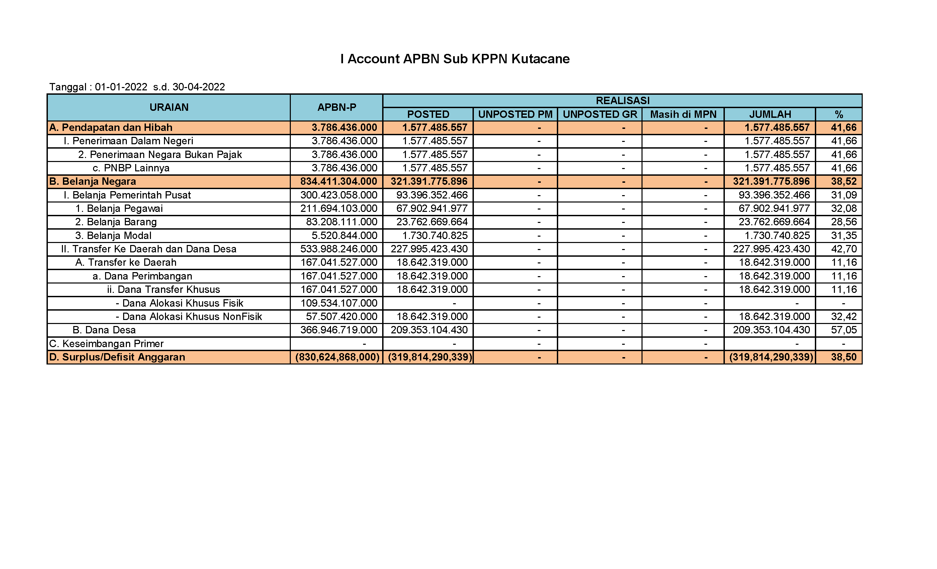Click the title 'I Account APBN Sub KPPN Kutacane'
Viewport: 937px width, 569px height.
(x=455, y=59)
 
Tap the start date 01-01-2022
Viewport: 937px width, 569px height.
(x=121, y=87)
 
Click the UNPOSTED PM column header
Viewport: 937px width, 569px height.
(x=515, y=114)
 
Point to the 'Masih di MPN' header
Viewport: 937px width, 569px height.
(x=683, y=114)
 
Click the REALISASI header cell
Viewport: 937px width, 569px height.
(x=622, y=101)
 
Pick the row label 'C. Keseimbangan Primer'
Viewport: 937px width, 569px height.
(x=106, y=344)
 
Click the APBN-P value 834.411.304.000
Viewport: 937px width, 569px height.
(x=338, y=181)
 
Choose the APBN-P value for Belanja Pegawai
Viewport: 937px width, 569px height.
(x=338, y=209)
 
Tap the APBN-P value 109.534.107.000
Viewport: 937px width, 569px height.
(x=338, y=303)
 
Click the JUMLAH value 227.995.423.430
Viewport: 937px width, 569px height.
(x=771, y=249)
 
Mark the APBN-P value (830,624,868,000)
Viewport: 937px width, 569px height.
(x=337, y=357)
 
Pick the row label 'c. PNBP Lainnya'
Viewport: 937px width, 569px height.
(x=131, y=168)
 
